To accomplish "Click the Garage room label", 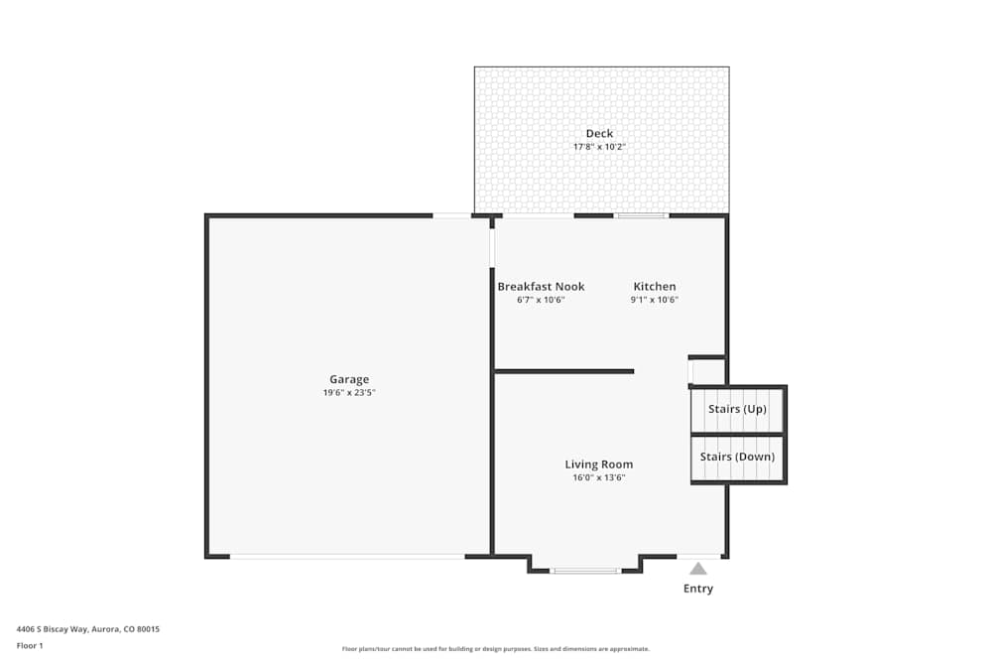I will [x=349, y=379].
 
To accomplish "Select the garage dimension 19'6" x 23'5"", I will [x=349, y=393].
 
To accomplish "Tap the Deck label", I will [x=599, y=133].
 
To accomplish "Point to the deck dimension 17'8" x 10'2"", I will [x=599, y=147].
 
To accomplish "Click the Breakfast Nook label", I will [x=541, y=287].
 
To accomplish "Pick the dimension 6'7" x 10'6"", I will [x=541, y=300].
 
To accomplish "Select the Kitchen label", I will [x=655, y=287].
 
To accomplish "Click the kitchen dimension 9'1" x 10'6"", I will [x=655, y=300].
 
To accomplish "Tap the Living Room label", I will [x=599, y=464].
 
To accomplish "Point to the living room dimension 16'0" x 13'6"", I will [x=599, y=477].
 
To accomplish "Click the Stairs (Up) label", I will [x=737, y=409].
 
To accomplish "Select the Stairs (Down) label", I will [x=737, y=457].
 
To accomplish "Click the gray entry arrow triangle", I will [x=698, y=569].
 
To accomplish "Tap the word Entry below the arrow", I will [x=698, y=589].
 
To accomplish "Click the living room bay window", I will [x=585, y=571].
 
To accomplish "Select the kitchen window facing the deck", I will [x=641, y=215].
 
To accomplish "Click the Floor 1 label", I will [x=30, y=645].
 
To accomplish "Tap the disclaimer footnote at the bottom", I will [x=496, y=649].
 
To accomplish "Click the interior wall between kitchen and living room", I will [x=563, y=371].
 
